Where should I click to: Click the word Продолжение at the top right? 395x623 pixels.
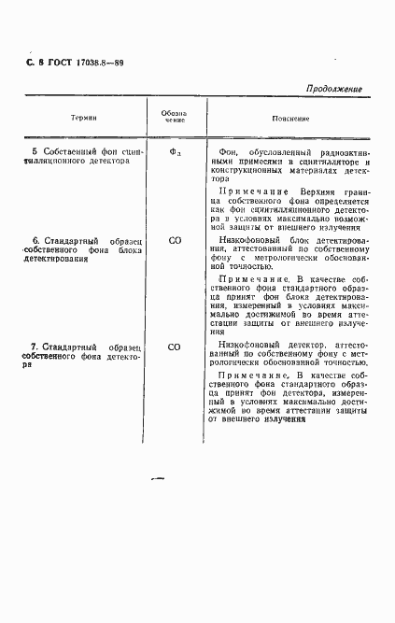click(x=333, y=89)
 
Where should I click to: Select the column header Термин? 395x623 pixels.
click(x=84, y=120)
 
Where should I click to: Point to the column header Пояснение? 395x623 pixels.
click(x=289, y=120)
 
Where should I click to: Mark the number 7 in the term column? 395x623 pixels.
click(x=34, y=347)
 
